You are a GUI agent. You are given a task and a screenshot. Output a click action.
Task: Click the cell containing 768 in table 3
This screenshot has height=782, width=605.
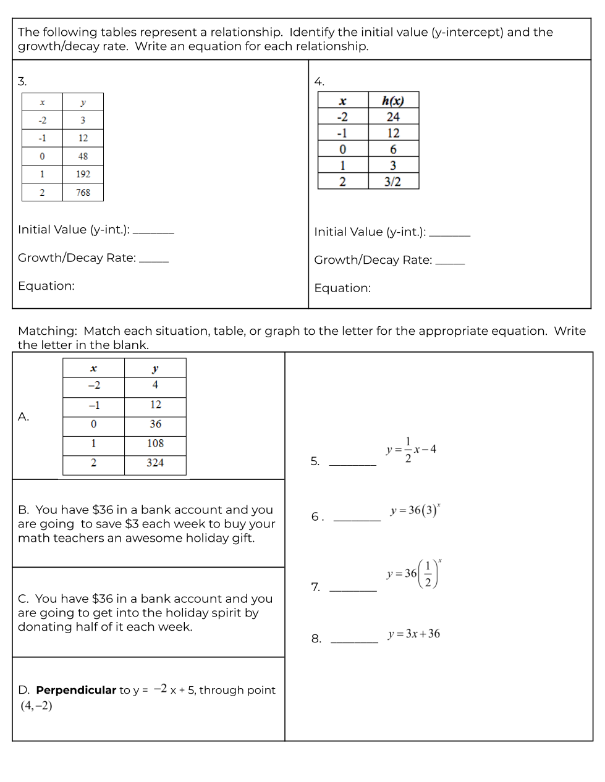click(x=83, y=192)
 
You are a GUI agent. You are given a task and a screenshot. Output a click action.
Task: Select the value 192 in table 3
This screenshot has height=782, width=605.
click(x=83, y=174)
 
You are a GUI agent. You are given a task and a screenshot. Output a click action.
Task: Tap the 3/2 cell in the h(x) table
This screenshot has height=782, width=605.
click(x=392, y=182)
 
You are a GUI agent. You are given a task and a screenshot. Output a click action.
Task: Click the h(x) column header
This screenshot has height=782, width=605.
click(x=392, y=101)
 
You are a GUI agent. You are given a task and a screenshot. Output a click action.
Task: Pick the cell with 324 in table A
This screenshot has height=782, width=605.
click(x=155, y=463)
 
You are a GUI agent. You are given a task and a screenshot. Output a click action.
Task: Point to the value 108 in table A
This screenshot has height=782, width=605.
click(x=155, y=444)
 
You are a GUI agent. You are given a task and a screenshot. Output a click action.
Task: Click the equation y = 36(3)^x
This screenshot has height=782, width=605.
click(x=415, y=510)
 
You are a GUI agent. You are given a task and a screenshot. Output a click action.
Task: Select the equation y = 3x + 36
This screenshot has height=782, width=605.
click(x=414, y=634)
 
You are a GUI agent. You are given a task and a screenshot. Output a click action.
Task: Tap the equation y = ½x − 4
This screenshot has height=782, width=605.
click(x=412, y=450)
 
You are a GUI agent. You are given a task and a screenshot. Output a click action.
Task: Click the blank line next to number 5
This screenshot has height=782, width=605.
click(x=352, y=465)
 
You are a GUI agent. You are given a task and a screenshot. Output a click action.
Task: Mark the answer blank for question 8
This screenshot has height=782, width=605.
click(x=354, y=642)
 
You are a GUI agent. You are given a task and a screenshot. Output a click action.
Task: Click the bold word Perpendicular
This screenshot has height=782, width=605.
click(x=76, y=690)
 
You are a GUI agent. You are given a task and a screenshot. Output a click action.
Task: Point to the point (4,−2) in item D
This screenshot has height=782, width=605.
click(x=36, y=705)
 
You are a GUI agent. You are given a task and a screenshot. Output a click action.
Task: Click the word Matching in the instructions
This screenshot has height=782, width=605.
click(x=47, y=331)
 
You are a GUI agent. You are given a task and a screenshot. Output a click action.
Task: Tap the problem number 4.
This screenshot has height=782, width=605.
click(x=319, y=82)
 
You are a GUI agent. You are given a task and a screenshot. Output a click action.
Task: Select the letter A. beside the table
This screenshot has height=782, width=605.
click(x=23, y=417)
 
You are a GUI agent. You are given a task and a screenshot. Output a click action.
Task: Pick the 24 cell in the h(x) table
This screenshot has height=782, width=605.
click(x=392, y=117)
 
